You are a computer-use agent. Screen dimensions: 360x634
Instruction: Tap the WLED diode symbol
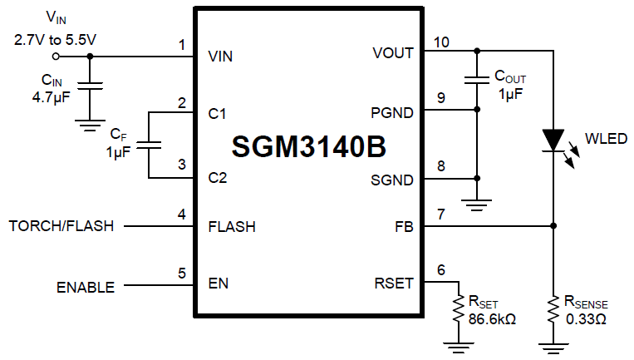pyautogui.click(x=553, y=140)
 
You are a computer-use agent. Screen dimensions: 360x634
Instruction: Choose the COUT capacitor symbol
pyautogui.click(x=476, y=79)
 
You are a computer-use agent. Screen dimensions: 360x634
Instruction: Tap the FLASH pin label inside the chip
pyautogui.click(x=232, y=226)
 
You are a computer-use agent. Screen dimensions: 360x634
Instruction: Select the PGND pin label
pyautogui.click(x=392, y=111)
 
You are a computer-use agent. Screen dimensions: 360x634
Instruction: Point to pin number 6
pyautogui.click(x=440, y=270)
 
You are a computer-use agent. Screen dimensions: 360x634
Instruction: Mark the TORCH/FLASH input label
pyautogui.click(x=61, y=226)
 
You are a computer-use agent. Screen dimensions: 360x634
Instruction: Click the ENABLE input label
pyautogui.click(x=86, y=288)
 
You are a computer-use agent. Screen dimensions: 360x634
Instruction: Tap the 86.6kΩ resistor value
pyautogui.click(x=492, y=318)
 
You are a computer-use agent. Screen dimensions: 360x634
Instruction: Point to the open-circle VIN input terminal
pyautogui.click(x=56, y=57)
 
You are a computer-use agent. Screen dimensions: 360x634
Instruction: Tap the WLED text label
pyautogui.click(x=606, y=139)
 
